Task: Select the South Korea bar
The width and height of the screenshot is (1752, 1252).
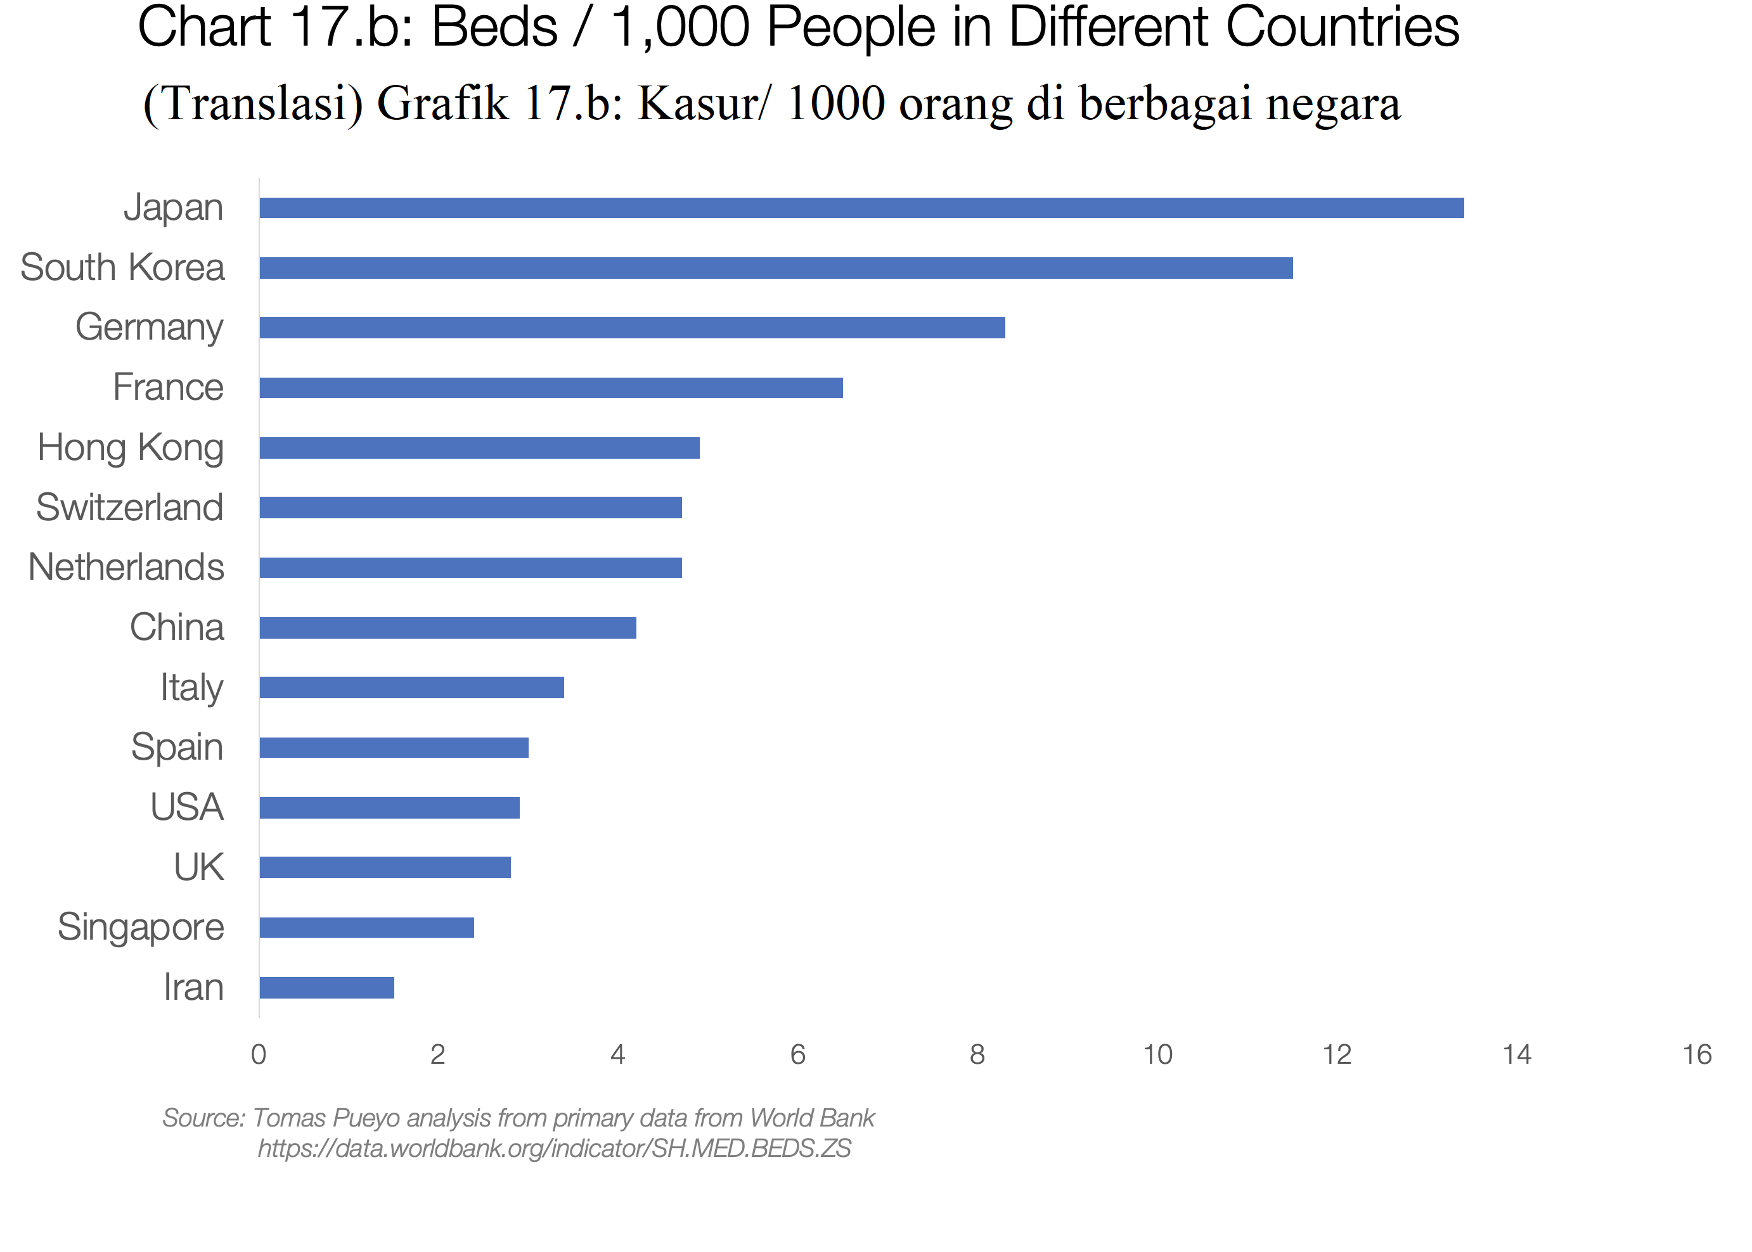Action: (775, 267)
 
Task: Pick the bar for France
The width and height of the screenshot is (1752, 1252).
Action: (551, 387)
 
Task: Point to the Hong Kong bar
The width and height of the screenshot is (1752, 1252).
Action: (479, 447)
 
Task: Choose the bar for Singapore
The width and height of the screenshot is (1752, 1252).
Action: (366, 927)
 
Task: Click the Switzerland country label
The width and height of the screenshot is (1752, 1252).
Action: (129, 508)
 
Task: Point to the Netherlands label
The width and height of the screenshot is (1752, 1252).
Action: (126, 568)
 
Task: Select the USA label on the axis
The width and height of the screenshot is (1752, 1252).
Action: (186, 807)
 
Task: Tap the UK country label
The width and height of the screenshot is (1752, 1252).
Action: (198, 867)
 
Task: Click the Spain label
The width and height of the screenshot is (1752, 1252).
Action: (177, 747)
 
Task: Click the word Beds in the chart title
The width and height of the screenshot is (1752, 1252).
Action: (494, 28)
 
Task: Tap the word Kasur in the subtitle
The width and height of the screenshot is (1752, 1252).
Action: (697, 103)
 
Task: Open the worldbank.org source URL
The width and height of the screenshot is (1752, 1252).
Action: (553, 1148)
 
